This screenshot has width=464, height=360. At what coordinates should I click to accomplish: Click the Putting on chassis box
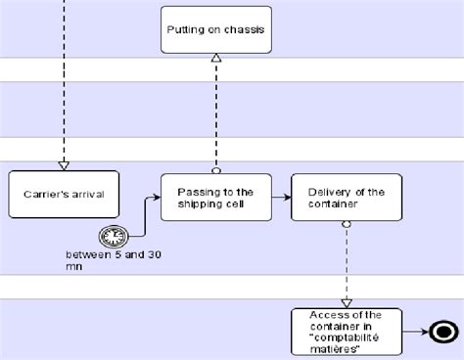point(213,30)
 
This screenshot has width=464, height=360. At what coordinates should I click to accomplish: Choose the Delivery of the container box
point(346,197)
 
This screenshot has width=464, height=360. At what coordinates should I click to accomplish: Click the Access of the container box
point(346,333)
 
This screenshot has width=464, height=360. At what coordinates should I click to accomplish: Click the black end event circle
point(443,332)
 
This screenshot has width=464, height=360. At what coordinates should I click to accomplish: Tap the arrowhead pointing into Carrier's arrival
point(64,164)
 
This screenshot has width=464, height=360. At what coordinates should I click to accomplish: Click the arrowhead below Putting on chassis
point(215,60)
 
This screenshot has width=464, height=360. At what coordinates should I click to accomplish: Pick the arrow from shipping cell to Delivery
point(279,197)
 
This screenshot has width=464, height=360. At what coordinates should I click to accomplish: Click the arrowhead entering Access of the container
point(346,303)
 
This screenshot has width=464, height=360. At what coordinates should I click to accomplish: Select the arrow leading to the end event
point(416,332)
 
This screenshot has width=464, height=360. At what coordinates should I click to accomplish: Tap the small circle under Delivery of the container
point(346,225)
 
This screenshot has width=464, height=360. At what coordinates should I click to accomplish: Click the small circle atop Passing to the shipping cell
point(215,169)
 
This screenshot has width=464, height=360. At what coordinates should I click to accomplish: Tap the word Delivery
point(329,191)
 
